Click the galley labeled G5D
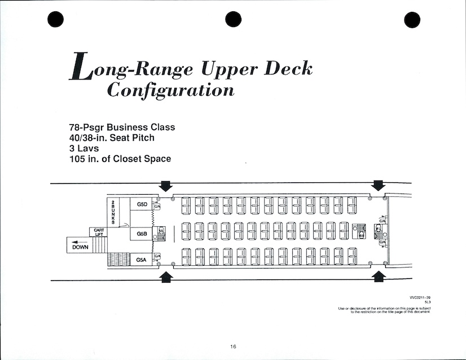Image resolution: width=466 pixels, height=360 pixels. coord(142,204)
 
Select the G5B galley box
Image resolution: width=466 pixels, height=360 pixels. coord(142,232)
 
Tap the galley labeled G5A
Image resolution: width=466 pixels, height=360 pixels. coord(142,260)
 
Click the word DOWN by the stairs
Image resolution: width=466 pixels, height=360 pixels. coord(80,247)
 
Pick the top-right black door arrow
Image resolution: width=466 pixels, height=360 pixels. coord(378,186)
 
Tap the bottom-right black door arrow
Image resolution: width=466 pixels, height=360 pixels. coord(378,276)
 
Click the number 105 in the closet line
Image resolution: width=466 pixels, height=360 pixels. coord(77,159)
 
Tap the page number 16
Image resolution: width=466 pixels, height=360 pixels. coord(233,346)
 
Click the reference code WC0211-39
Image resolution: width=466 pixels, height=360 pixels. coord(420,297)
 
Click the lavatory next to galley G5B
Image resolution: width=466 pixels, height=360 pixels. coord(161,231)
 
